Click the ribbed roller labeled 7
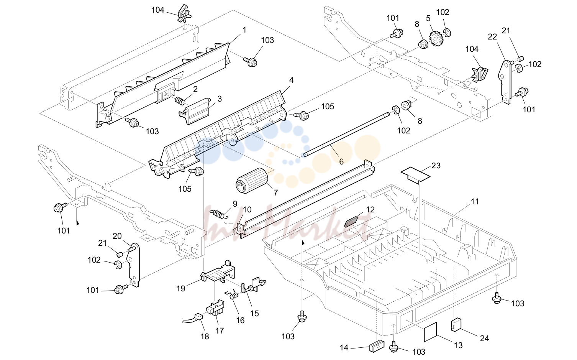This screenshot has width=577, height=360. [x=252, y=181]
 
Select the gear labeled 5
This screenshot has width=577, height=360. [x=436, y=39]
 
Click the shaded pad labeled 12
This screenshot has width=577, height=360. [x=351, y=222]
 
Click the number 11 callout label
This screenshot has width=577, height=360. [x=475, y=202]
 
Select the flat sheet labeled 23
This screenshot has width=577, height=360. [x=415, y=175]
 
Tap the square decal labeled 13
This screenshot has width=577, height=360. [x=431, y=332]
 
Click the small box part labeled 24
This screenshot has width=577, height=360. [x=456, y=325]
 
